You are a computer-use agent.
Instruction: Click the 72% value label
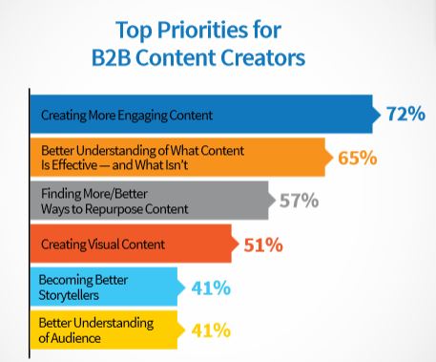tap(405, 115)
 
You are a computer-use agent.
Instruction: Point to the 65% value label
tap(358, 158)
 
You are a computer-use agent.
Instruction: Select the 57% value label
tap(299, 201)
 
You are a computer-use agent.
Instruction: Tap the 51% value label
tap(262, 245)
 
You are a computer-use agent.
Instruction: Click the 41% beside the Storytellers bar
tap(209, 287)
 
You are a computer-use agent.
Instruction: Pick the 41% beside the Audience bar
tap(209, 330)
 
